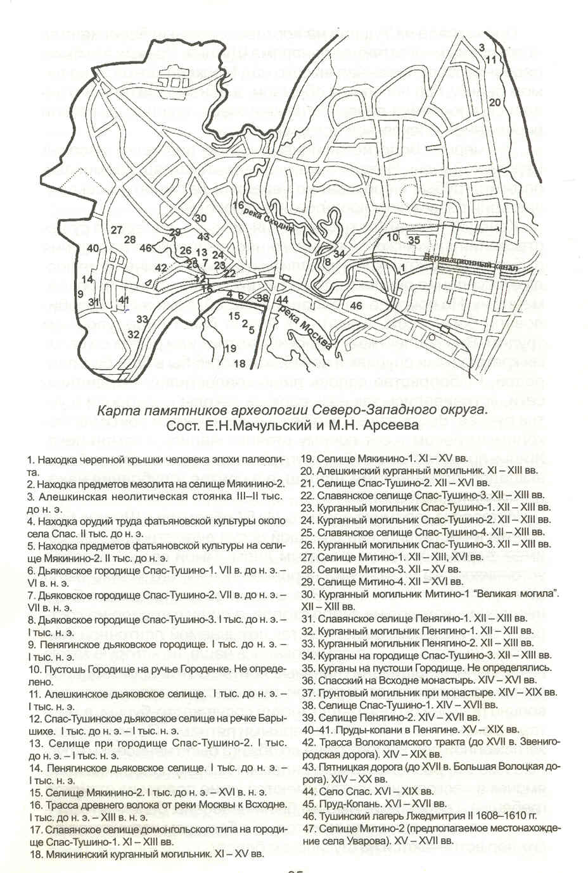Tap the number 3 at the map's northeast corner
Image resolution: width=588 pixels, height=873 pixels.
tap(482, 47)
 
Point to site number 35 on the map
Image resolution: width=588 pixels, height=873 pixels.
tap(414, 240)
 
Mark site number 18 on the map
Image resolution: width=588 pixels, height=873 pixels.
tap(240, 364)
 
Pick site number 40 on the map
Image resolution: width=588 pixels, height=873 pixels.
tap(93, 248)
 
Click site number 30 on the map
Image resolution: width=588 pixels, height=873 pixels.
tap(201, 218)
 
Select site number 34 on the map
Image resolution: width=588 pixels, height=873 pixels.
tap(339, 254)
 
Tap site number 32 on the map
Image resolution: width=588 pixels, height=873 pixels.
tap(134, 334)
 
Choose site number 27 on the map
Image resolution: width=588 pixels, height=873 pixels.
tap(117, 230)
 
